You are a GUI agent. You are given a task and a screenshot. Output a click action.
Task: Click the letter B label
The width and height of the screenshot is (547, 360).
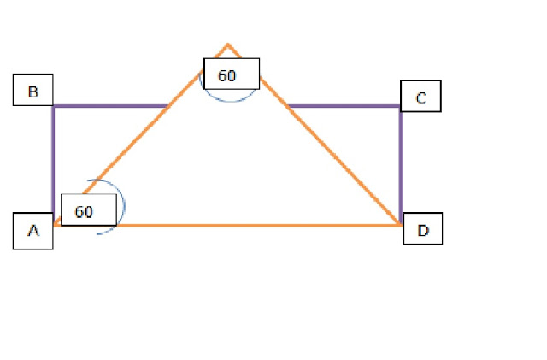pos(33,91)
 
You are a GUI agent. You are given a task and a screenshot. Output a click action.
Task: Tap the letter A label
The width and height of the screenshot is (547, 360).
pos(33,230)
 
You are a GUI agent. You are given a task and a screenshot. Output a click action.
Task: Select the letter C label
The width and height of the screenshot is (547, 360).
pos(421,97)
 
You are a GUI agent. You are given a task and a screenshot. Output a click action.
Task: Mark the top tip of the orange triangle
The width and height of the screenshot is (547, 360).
pos(227,44)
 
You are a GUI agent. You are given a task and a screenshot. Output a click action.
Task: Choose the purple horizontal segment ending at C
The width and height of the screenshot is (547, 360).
pos(342,106)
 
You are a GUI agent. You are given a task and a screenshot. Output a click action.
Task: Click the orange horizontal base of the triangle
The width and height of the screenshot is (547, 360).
pos(256,225)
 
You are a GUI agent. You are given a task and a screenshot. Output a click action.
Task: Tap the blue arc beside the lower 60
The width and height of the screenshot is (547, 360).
pos(122,205)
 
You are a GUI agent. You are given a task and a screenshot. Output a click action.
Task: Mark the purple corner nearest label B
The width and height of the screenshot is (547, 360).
pos(53,106)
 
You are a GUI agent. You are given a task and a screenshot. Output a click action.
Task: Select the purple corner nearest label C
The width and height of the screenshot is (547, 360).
pos(401,106)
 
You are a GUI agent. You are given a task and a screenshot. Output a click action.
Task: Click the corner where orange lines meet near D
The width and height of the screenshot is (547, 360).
pos(400,225)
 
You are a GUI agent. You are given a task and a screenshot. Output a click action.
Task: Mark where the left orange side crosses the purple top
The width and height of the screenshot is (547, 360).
pos(168,106)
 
